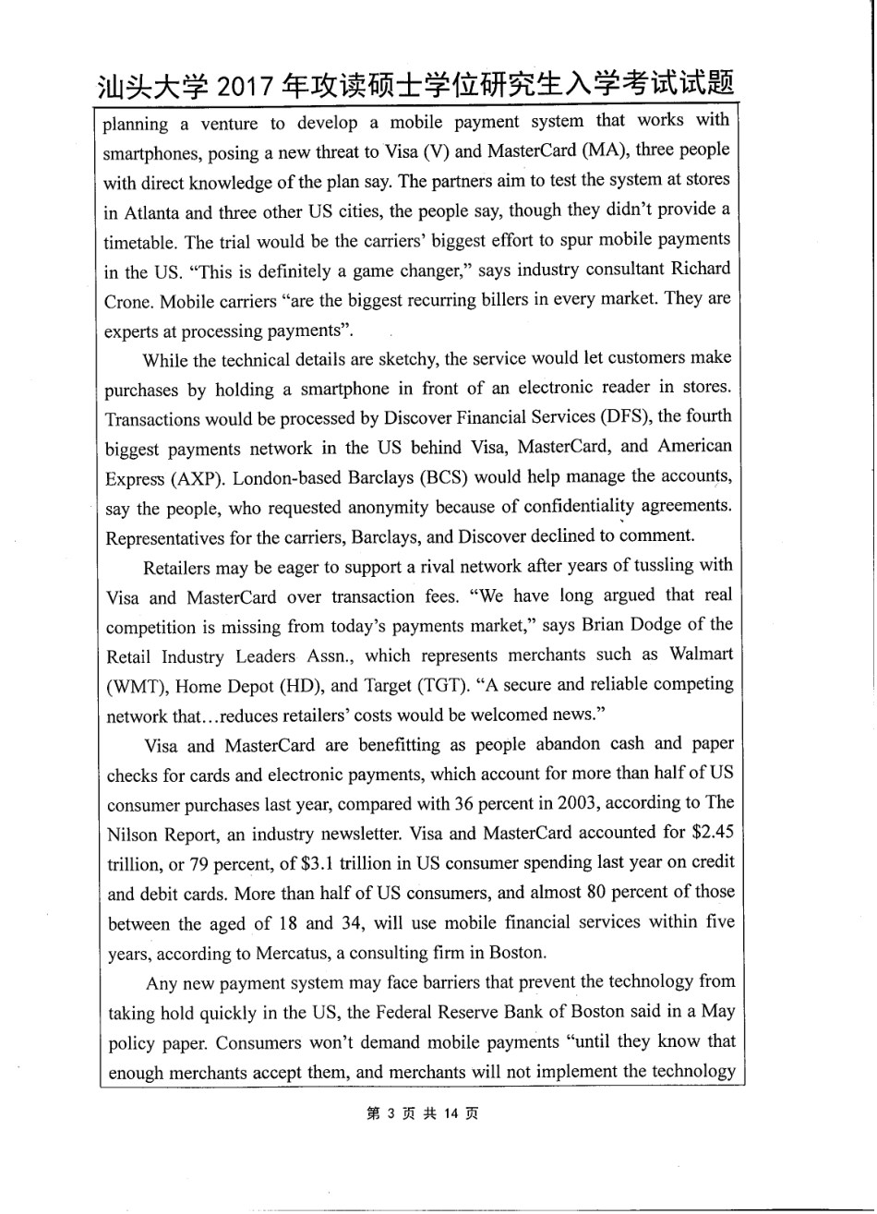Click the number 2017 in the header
click(247, 88)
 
